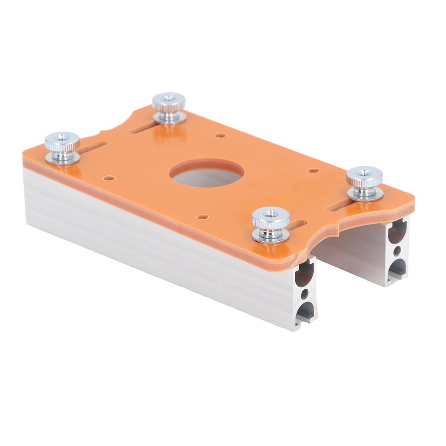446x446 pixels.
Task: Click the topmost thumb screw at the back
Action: (169, 103)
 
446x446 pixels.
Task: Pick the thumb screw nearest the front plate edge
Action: (270, 219)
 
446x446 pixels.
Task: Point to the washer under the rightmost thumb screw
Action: (365, 194)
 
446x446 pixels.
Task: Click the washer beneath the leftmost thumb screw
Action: (63, 158)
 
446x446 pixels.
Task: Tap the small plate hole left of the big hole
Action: (109, 178)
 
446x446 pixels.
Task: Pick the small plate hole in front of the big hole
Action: (201, 216)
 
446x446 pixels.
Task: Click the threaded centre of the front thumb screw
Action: (270, 214)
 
